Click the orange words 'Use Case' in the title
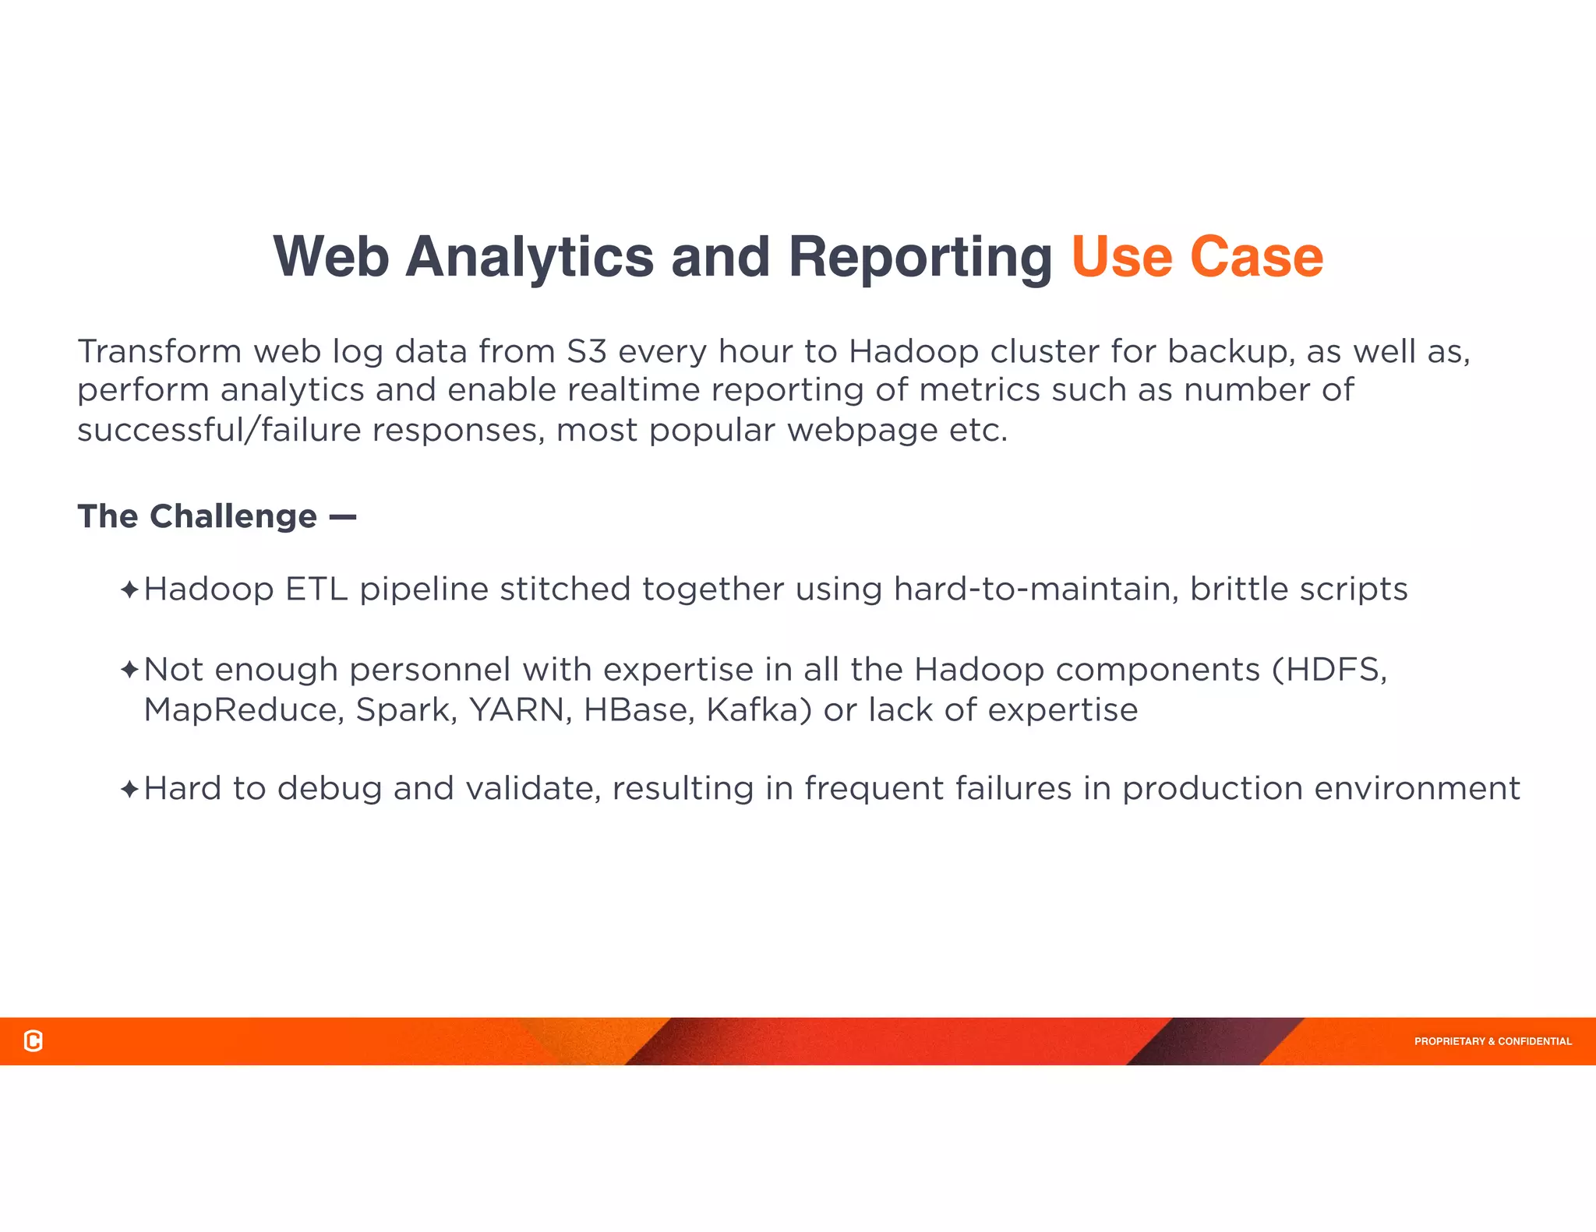click(1196, 257)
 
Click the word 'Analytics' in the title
click(529, 257)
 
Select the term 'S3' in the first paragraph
click(586, 351)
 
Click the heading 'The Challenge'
click(197, 516)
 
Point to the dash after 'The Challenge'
click(343, 516)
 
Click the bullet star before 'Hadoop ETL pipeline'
click(129, 590)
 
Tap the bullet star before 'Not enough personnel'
click(129, 670)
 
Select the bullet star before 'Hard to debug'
click(129, 790)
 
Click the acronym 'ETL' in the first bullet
click(316, 590)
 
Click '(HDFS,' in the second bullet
click(1329, 670)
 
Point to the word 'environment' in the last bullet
click(1417, 789)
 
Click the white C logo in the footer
click(34, 1040)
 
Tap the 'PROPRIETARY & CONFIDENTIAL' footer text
click(1492, 1041)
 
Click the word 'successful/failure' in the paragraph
click(219, 430)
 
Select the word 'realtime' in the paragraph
click(633, 390)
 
